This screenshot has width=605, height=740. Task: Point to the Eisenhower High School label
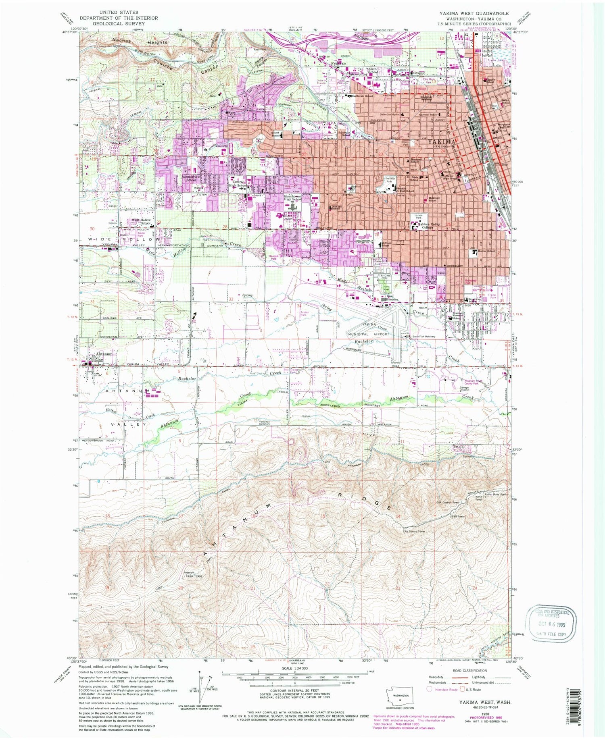(x=293, y=197)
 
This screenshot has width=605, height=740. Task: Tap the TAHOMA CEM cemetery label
(x=382, y=277)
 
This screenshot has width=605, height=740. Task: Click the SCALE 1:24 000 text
(x=294, y=668)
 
